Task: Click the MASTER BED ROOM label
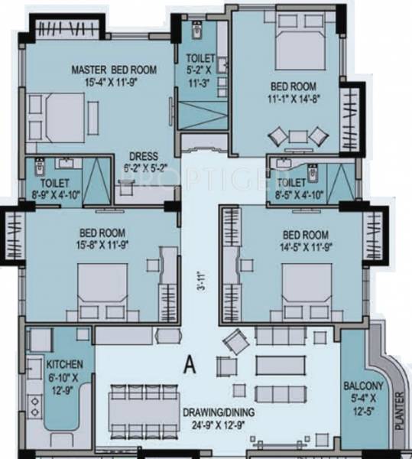coord(114,70)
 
